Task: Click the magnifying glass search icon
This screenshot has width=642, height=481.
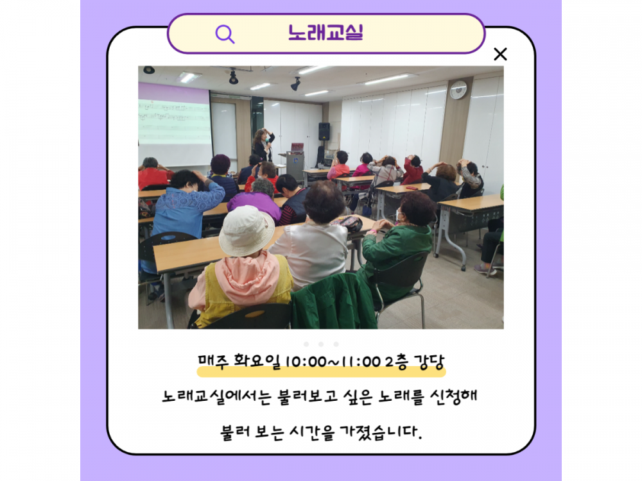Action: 224,34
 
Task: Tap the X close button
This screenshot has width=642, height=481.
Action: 500,54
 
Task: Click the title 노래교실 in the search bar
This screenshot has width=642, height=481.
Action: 325,33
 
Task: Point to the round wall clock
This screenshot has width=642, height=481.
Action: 458,90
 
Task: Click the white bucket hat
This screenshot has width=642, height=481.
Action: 247,231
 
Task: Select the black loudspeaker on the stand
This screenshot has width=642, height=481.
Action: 324,131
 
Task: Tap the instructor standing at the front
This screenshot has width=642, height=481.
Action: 263,145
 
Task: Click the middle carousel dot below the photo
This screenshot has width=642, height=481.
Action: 321,344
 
